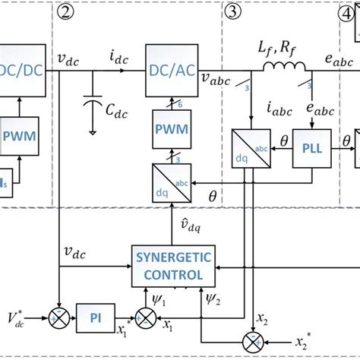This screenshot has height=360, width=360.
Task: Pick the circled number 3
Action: pos(232,11)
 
